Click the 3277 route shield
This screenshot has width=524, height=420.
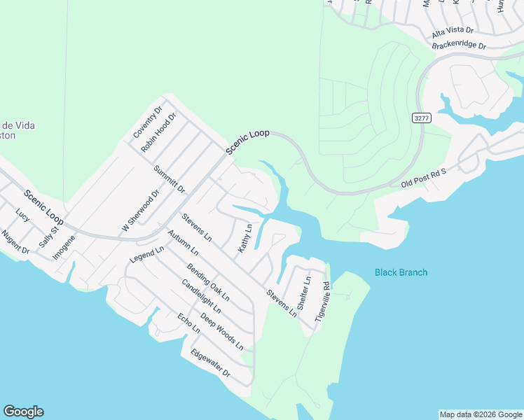pyautogui.click(x=421, y=118)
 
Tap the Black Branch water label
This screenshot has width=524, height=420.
pyautogui.click(x=401, y=272)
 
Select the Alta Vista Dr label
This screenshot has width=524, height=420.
pyautogui.click(x=453, y=32)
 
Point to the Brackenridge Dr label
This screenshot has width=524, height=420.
pyautogui.click(x=460, y=45)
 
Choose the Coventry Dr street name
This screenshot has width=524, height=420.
pyautogui.click(x=148, y=122)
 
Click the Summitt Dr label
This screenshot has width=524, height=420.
pyautogui.click(x=170, y=178)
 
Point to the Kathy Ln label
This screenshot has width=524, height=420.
pyautogui.click(x=244, y=239)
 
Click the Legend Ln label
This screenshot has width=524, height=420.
pyautogui.click(x=146, y=254)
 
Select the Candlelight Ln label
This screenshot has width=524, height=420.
pyautogui.click(x=201, y=296)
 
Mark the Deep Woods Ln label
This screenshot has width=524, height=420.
pyautogui.click(x=221, y=331)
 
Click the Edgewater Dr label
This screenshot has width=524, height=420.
pyautogui.click(x=210, y=363)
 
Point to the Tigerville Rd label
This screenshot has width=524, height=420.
pyautogui.click(x=323, y=301)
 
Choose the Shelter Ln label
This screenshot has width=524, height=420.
pyautogui.click(x=304, y=293)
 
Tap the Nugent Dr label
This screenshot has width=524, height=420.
pyautogui.click(x=15, y=242)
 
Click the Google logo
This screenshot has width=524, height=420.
pyautogui.click(x=23, y=412)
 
